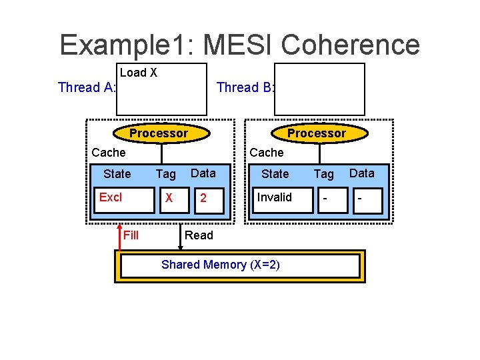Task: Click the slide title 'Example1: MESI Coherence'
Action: pyautogui.click(x=239, y=45)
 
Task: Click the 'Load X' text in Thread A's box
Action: pyautogui.click(x=139, y=73)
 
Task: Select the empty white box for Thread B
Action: pyautogui.click(x=320, y=89)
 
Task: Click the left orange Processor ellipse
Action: pyautogui.click(x=159, y=133)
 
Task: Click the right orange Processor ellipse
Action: pyautogui.click(x=317, y=133)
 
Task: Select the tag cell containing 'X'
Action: pyautogui.click(x=169, y=199)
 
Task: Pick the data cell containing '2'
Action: pyautogui.click(x=203, y=199)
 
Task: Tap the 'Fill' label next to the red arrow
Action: pyautogui.click(x=131, y=235)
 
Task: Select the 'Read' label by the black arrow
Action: pyautogui.click(x=199, y=235)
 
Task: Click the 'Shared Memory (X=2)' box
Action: pyautogui.click(x=240, y=265)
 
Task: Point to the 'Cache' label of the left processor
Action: pyautogui.click(x=109, y=153)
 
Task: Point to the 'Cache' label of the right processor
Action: pyautogui.click(x=267, y=153)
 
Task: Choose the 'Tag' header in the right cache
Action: pyautogui.click(x=324, y=174)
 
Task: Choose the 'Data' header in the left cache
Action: pyautogui.click(x=203, y=173)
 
